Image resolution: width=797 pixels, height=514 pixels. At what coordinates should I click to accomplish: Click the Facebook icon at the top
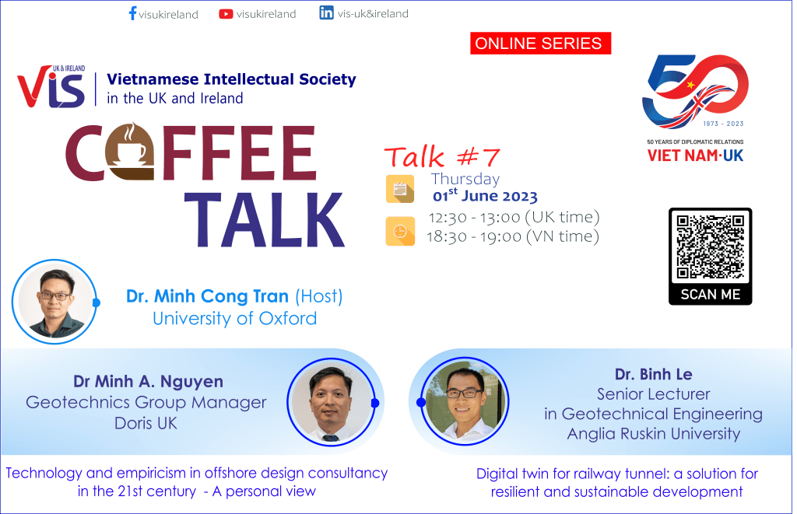132,13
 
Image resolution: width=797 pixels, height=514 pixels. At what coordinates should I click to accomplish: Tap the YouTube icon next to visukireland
226,13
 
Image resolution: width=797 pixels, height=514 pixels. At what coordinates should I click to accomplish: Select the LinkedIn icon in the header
327,13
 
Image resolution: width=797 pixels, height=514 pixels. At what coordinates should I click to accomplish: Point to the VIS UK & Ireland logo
51,87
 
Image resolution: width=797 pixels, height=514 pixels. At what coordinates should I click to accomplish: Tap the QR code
710,247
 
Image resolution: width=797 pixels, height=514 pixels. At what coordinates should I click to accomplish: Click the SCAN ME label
710,295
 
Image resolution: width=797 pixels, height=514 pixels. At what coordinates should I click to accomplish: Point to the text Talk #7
441,156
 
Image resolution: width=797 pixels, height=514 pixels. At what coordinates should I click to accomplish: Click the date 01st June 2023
485,196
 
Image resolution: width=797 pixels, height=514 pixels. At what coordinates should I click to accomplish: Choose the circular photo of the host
54,302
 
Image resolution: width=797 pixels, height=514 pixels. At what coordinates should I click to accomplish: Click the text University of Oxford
234,318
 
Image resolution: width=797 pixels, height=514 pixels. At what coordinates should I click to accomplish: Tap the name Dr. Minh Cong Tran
208,296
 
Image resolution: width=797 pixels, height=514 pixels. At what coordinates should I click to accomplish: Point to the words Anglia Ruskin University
653,433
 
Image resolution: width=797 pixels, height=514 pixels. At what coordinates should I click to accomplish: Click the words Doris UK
146,424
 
